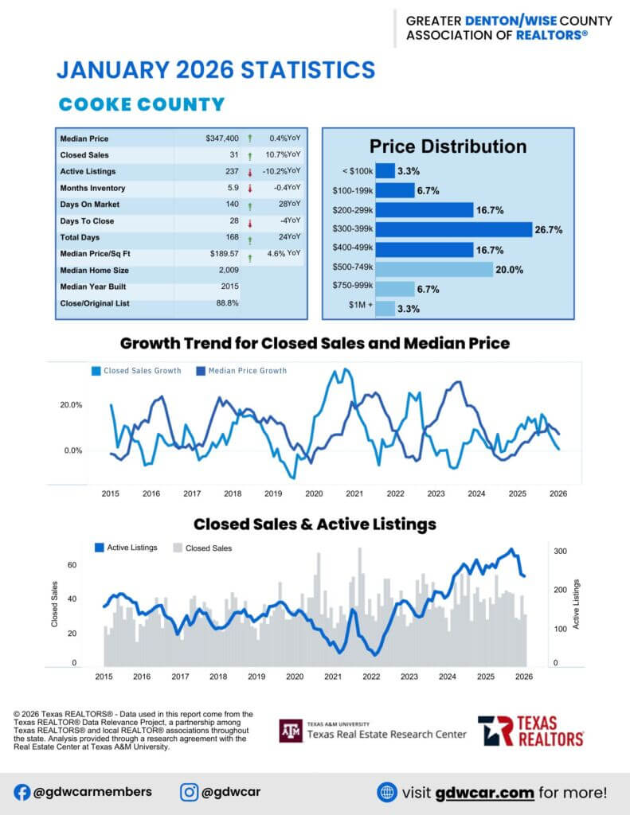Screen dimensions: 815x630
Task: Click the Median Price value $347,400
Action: coord(222,138)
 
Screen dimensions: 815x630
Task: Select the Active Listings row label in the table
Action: coord(88,171)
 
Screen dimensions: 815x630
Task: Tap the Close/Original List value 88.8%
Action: coord(227,303)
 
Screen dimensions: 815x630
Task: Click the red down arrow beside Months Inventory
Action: coord(250,189)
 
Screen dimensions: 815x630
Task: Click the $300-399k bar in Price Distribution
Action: coord(453,229)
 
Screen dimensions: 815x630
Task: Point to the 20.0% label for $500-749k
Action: coord(509,270)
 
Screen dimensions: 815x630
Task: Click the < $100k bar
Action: coord(385,170)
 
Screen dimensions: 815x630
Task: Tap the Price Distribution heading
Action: coord(448,146)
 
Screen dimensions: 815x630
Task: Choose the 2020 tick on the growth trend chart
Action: coord(314,493)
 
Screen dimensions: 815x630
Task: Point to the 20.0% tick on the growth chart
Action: coord(71,405)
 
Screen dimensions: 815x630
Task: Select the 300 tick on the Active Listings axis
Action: coord(560,551)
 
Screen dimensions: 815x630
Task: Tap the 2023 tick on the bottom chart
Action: coord(409,677)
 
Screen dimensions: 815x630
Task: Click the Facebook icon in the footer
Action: coord(22,792)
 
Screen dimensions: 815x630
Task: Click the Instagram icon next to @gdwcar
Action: coord(189,792)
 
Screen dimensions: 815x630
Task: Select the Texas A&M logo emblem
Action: coord(291,731)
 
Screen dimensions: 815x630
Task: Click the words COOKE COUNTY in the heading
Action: coord(142,104)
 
